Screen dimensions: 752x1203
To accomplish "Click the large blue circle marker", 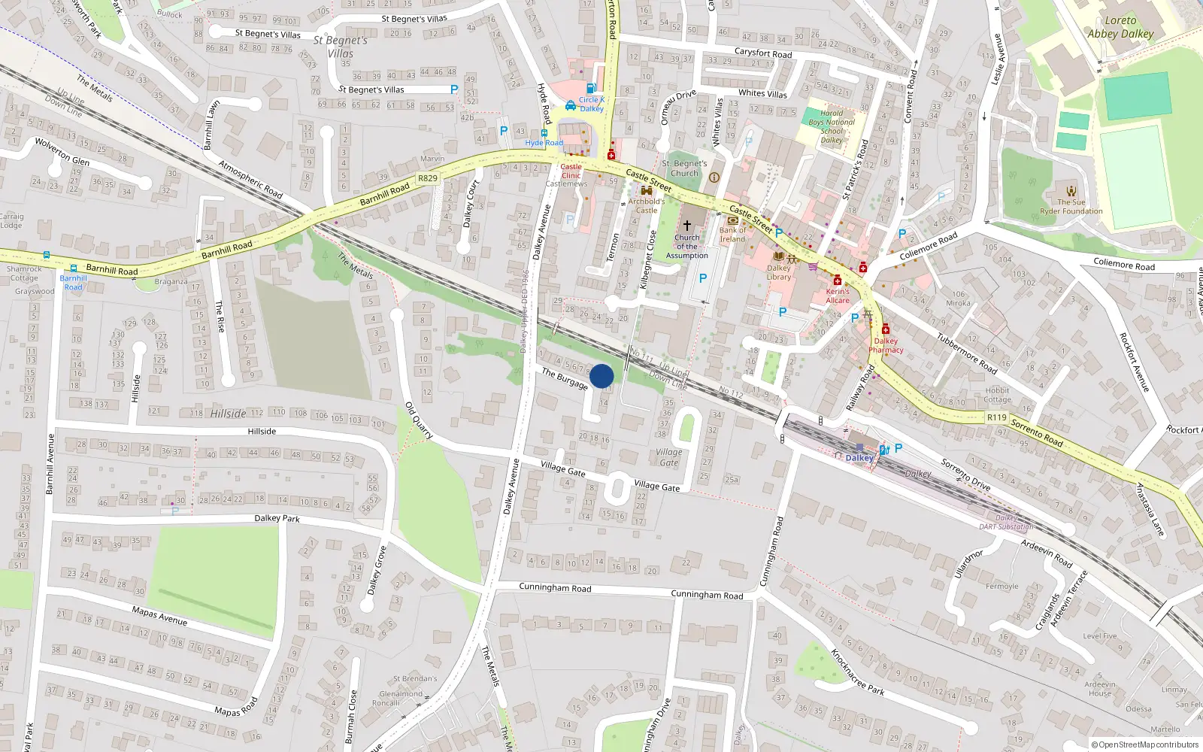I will [x=601, y=376].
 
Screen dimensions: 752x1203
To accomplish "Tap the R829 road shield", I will [x=427, y=178].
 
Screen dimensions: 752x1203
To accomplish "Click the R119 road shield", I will [x=996, y=417].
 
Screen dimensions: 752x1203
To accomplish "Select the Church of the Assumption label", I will [x=686, y=247].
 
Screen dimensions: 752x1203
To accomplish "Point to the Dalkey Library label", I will [x=779, y=272].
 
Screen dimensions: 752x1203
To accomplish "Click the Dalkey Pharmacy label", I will [x=886, y=345].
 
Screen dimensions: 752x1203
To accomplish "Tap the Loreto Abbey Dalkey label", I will [x=1120, y=27].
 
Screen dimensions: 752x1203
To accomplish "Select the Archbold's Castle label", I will [x=647, y=205].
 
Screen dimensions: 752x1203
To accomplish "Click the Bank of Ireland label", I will [x=732, y=235].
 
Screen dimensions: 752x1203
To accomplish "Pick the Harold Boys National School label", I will [x=832, y=126].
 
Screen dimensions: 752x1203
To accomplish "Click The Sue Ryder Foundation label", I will [x=1071, y=207].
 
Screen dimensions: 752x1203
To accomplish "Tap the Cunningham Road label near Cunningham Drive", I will [x=706, y=595].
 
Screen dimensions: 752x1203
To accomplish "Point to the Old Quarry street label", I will [x=419, y=420].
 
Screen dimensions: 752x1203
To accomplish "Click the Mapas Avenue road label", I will [x=159, y=616].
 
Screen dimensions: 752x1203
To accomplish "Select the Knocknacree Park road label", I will [x=857, y=672].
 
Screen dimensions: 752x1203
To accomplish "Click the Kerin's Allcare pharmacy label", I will [x=838, y=296].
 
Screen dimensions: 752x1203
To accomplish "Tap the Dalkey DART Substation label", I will [x=1006, y=522].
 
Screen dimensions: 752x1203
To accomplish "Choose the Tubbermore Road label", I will [x=966, y=353].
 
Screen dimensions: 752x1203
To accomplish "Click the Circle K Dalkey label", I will [x=591, y=104].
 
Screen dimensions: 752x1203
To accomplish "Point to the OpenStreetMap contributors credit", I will [x=1144, y=744].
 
